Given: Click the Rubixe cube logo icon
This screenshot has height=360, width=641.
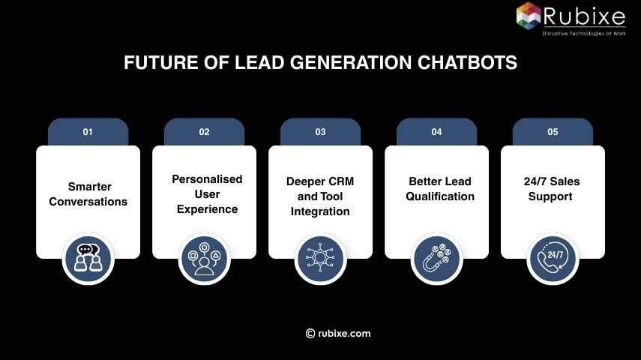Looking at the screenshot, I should point(529,16).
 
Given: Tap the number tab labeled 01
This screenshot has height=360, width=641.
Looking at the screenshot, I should point(88,132).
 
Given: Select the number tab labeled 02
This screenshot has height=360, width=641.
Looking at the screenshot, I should point(204,132).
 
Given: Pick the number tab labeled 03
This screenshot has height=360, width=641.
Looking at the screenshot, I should point(320,132).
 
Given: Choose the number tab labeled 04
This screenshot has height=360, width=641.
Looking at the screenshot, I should point(436,132).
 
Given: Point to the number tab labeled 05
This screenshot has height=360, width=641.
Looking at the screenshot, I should point(553,132).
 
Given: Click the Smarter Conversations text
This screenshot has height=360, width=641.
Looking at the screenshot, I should point(88,194).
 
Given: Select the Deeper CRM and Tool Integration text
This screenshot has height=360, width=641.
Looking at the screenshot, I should point(320,196).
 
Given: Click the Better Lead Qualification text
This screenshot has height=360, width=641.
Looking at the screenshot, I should point(440,189).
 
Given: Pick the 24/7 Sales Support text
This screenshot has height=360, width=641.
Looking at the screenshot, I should point(552,189).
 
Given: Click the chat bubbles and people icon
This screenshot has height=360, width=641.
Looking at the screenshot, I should point(88,259).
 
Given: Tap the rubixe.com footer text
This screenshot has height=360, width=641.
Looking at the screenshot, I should point(343,334).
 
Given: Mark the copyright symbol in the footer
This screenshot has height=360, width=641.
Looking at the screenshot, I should point(310,334).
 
